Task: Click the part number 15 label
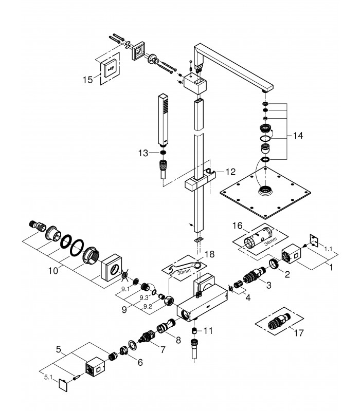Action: pos(88,80)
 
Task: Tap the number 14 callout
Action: pos(298,136)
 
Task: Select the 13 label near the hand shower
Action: pos(143,153)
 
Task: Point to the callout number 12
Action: pos(230,172)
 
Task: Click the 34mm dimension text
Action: pos(271,241)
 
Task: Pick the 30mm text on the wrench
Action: pos(184,272)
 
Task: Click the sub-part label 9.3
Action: pos(144,298)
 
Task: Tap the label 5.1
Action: pos(48,378)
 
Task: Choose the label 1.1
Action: pos(328,249)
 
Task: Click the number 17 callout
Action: pos(299,333)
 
